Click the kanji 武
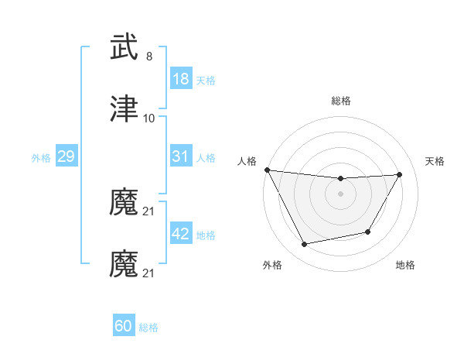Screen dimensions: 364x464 pyautogui.click(x=124, y=47)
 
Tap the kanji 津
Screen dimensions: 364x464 pyautogui.click(x=124, y=108)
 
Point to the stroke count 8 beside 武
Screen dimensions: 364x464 pyautogui.click(x=149, y=57)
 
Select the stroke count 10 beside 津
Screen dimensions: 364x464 pyautogui.click(x=149, y=118)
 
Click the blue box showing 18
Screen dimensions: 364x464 pyautogui.click(x=181, y=79)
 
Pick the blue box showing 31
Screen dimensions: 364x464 pyautogui.click(x=181, y=156)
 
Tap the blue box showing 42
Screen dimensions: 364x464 pyautogui.click(x=181, y=234)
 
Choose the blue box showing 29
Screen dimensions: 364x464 pyautogui.click(x=66, y=157)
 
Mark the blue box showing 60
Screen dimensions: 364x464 pyautogui.click(x=124, y=326)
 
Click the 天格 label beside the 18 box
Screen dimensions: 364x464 pyautogui.click(x=206, y=81)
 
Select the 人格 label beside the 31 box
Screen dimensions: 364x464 pyautogui.click(x=206, y=158)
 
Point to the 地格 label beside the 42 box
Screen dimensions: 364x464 pyautogui.click(x=206, y=235)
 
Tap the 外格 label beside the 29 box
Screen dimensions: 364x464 pyautogui.click(x=41, y=158)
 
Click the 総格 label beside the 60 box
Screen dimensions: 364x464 pyautogui.click(x=148, y=328)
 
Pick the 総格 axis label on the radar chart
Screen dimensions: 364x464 pyautogui.click(x=341, y=101)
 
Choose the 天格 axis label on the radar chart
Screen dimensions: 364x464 pyautogui.click(x=435, y=161)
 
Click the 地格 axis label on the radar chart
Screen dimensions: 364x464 pyautogui.click(x=405, y=266)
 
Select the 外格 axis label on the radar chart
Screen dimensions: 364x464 pyautogui.click(x=272, y=266)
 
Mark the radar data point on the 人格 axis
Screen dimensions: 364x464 pyautogui.click(x=267, y=170)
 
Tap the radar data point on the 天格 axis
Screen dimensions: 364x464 pyautogui.click(x=400, y=174)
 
